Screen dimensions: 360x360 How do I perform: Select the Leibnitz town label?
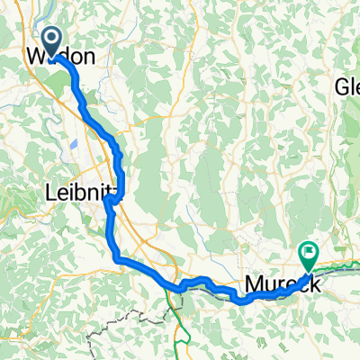[78, 191]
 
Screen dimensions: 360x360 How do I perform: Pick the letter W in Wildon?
[37, 57]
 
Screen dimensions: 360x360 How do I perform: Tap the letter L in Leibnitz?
[49, 191]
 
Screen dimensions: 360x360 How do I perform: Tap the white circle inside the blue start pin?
[51, 38]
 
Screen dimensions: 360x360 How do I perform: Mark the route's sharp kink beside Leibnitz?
[107, 200]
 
